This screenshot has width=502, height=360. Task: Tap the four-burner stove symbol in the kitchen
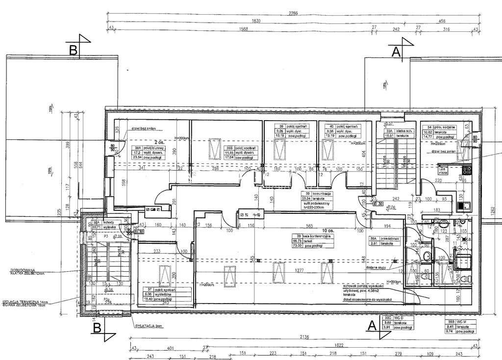[x=467, y=171]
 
